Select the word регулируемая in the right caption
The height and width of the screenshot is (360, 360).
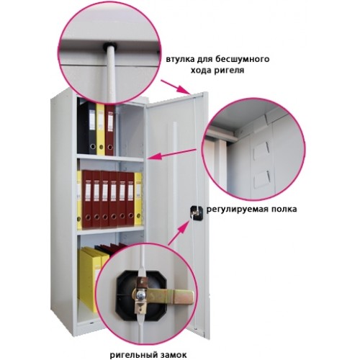click(x=237, y=210)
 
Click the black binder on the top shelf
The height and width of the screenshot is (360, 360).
click(x=89, y=128)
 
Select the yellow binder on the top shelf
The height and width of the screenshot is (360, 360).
click(x=100, y=129)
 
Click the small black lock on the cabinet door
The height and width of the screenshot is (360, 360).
click(x=197, y=212)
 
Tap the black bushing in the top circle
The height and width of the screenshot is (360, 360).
click(x=109, y=45)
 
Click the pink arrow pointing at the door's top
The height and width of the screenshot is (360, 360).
click(x=176, y=87)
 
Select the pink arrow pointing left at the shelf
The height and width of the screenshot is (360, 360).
click(x=172, y=154)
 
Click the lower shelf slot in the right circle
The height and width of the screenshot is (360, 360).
click(x=263, y=179)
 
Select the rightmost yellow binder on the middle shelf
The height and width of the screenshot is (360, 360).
click(x=138, y=199)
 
